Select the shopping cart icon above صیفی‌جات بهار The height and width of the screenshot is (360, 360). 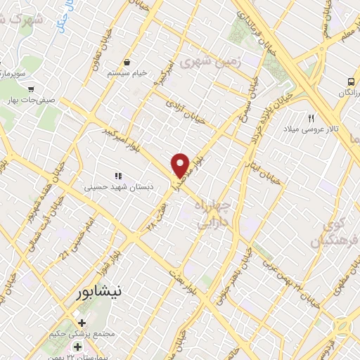(x=31, y=89)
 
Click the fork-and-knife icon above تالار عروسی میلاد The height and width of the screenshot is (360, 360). (x=311, y=118)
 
